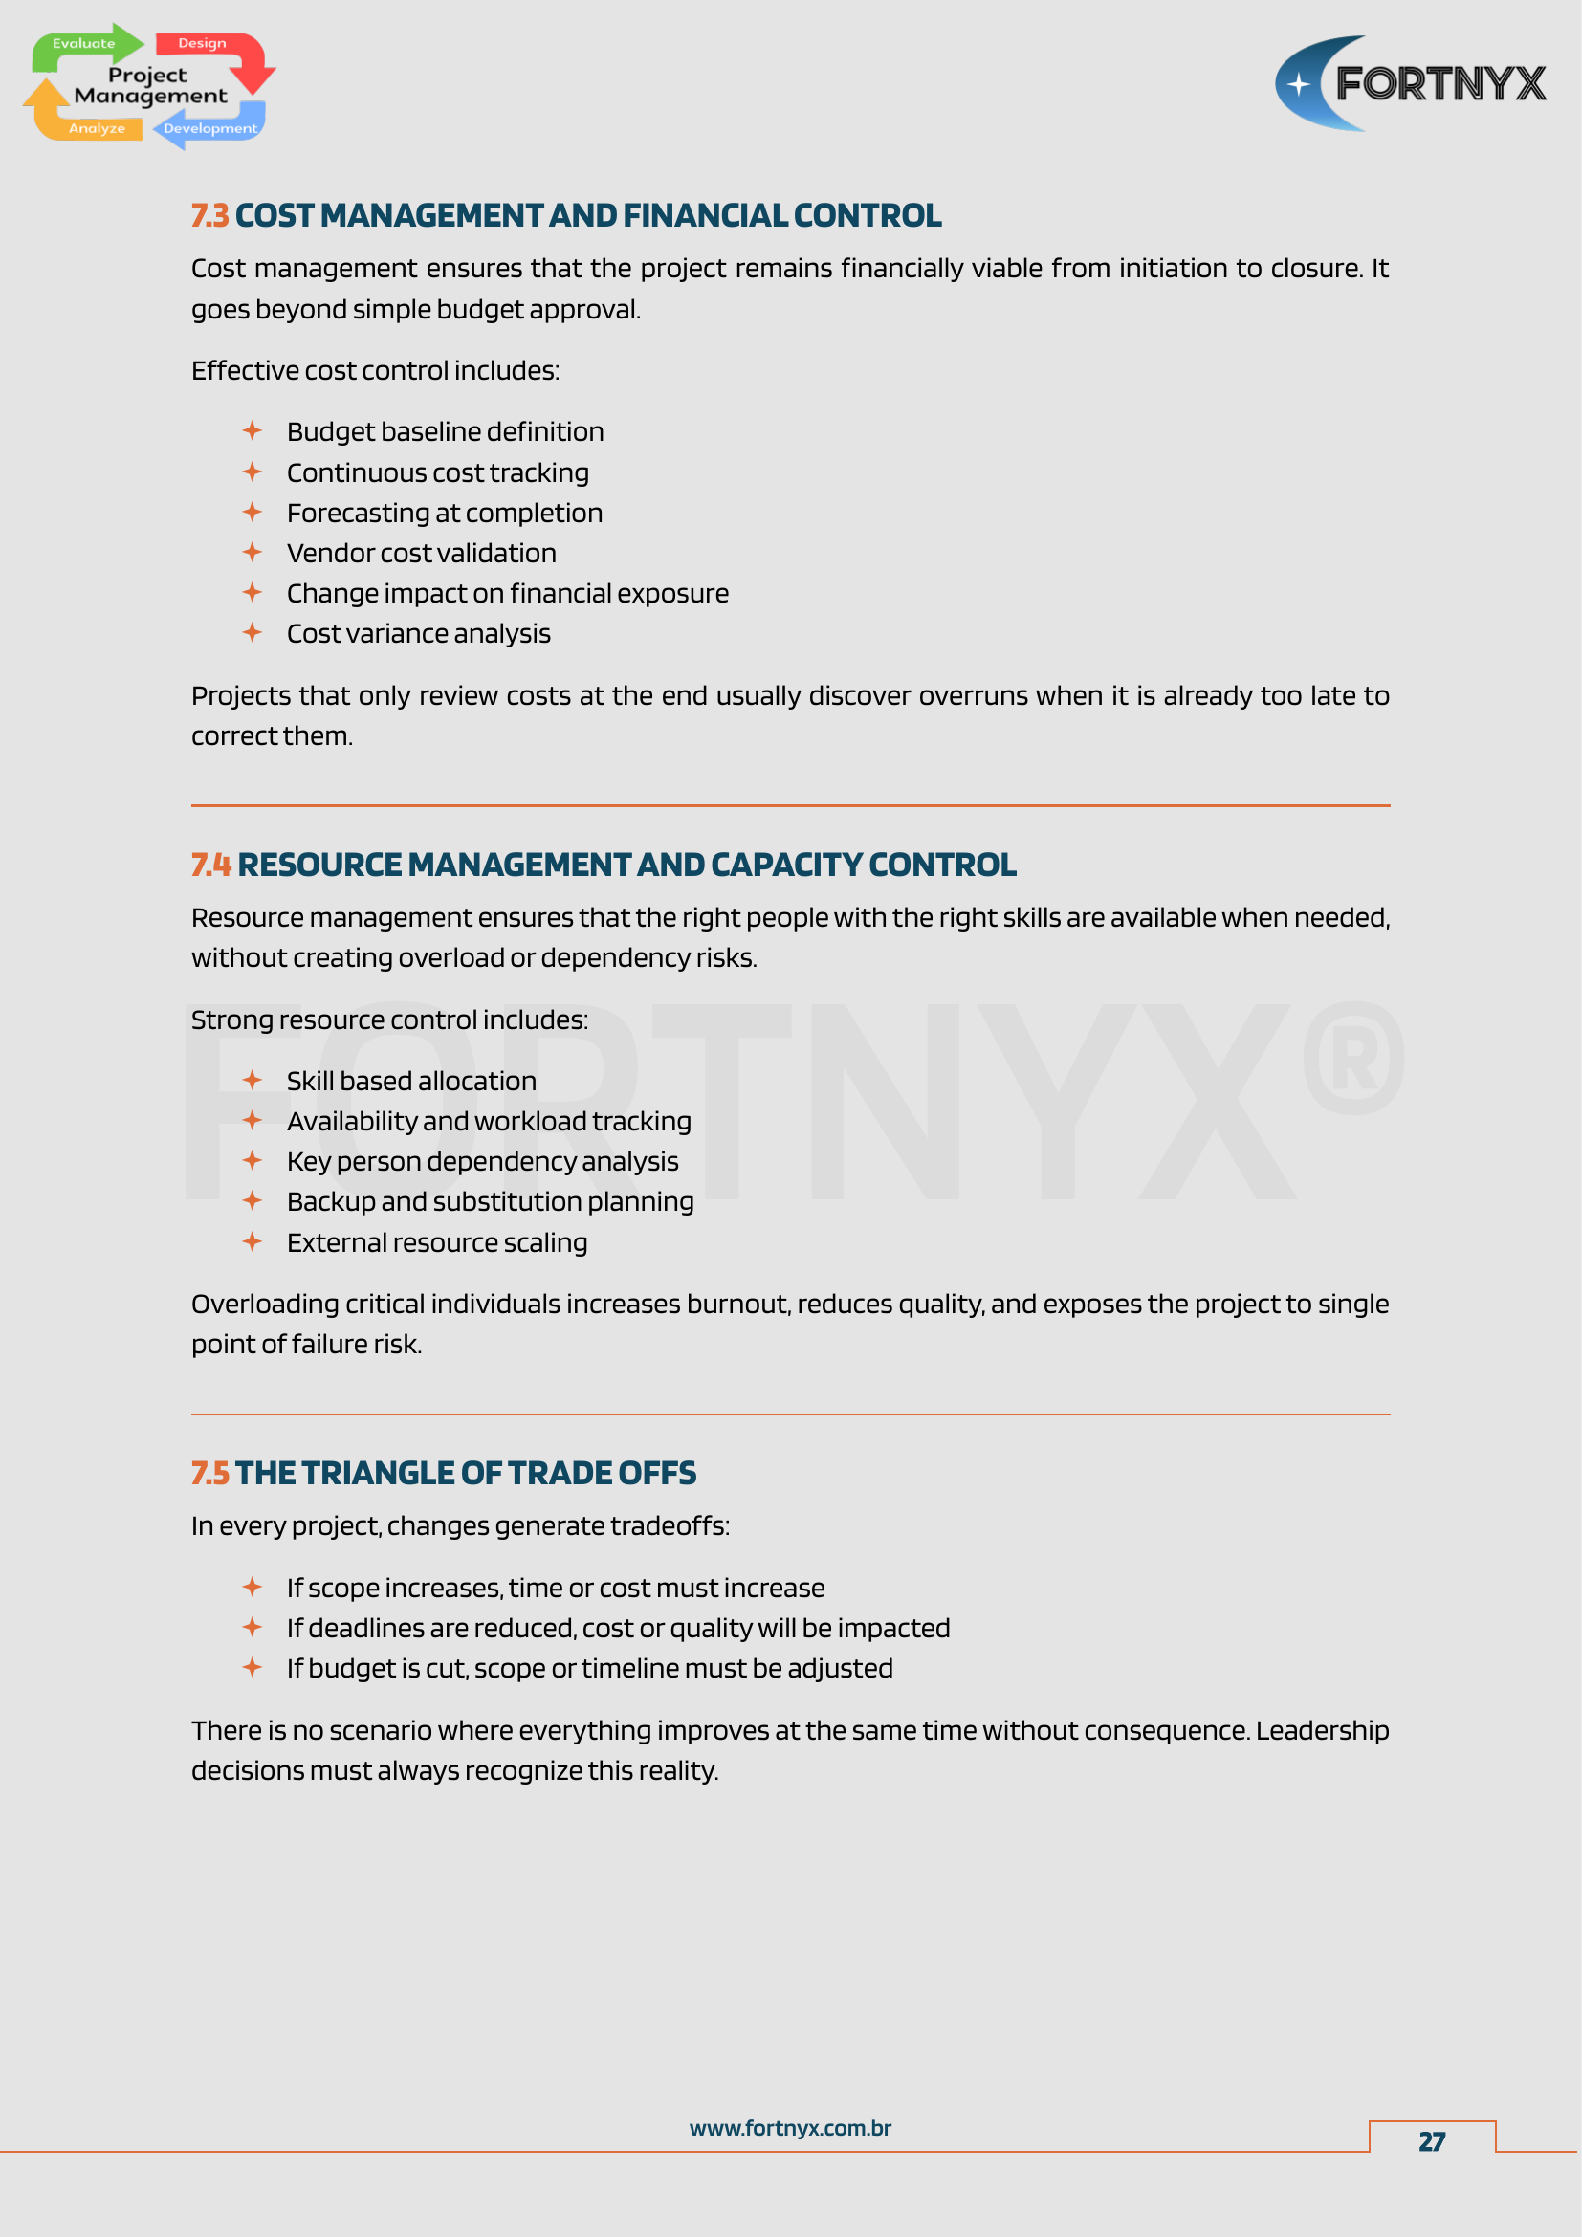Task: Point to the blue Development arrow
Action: [209, 128]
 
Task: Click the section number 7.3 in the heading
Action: [209, 215]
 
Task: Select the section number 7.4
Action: [210, 865]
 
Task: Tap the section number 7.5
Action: [209, 1472]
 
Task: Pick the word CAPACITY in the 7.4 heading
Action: [786, 865]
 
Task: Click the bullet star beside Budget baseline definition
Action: [253, 430]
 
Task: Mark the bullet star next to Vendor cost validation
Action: [253, 553]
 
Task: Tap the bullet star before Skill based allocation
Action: [253, 1080]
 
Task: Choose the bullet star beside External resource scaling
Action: [253, 1241]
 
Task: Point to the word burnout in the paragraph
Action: [737, 1304]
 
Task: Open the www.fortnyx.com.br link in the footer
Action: [790, 2128]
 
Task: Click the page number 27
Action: [1431, 2141]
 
